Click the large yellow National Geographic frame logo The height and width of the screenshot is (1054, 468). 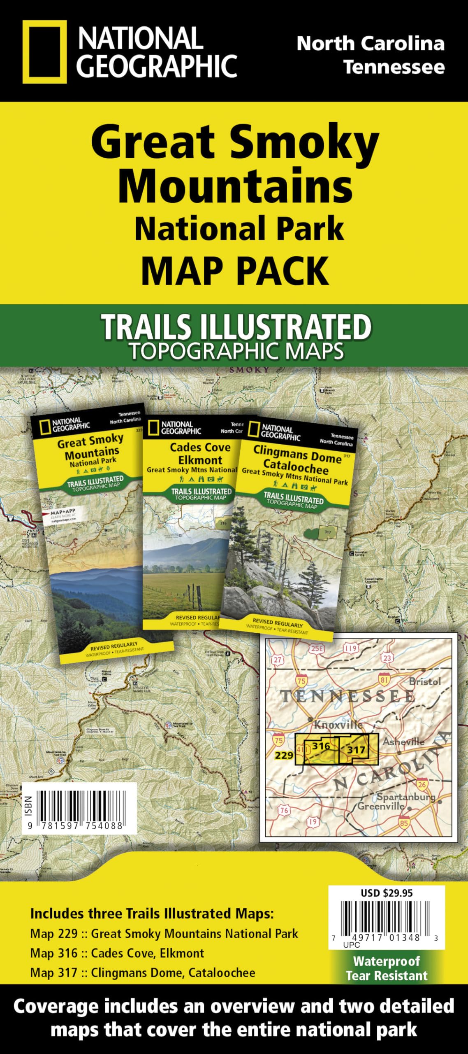[44, 52]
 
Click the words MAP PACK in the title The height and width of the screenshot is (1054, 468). [235, 270]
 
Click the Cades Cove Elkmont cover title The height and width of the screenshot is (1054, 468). [200, 453]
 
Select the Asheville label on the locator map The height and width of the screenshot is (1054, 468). [403, 742]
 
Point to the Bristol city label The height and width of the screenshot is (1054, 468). [425, 681]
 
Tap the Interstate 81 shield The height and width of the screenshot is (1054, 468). [384, 679]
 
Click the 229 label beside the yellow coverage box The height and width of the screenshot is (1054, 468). [284, 755]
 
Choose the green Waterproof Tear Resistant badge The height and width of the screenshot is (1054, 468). [387, 968]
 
